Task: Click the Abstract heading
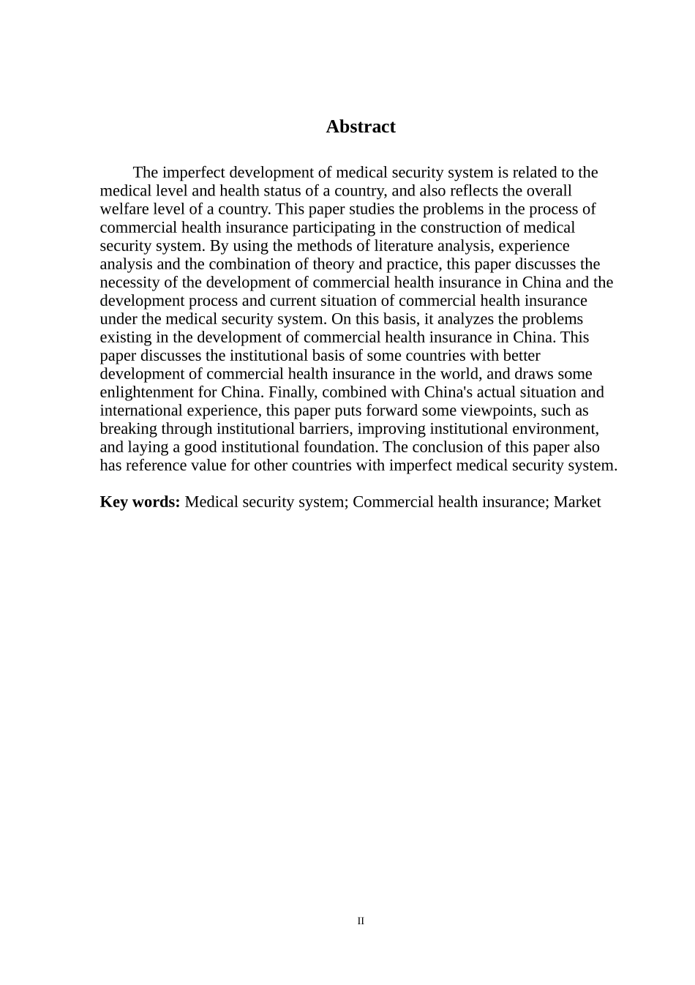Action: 361,127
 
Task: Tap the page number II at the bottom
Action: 361,921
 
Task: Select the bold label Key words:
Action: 140,502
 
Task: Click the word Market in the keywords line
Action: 577,502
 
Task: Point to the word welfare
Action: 123,209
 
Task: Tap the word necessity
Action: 127,282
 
